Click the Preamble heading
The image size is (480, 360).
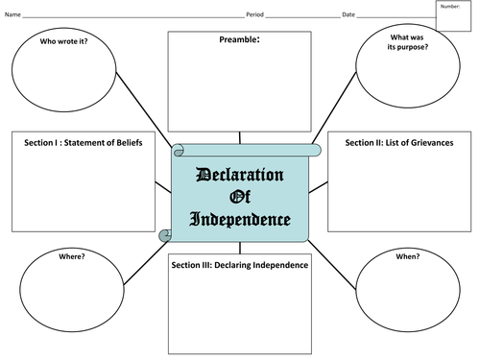tap(239, 39)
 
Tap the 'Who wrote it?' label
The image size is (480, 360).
tap(63, 41)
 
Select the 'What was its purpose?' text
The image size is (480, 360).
tap(407, 42)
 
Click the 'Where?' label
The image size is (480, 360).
tap(72, 256)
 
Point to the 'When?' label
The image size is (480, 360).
tap(408, 256)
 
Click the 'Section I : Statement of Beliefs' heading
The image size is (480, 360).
tap(84, 143)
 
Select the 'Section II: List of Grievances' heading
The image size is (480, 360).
tap(399, 143)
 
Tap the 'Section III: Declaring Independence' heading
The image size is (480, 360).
tap(240, 265)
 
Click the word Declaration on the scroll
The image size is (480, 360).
tap(240, 175)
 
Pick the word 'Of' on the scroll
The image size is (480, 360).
tap(240, 197)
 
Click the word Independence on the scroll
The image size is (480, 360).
tap(240, 220)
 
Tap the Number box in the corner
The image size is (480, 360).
tap(453, 15)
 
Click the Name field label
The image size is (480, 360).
tap(12, 14)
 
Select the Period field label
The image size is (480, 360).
tap(254, 14)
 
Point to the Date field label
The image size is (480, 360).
tap(348, 14)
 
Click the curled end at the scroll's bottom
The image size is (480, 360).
tap(165, 235)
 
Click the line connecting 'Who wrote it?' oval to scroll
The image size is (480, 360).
tap(144, 109)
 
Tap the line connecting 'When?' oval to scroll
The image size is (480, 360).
tap(332, 265)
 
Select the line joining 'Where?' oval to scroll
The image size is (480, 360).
tap(146, 262)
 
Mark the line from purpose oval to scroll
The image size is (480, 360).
tap(334, 108)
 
